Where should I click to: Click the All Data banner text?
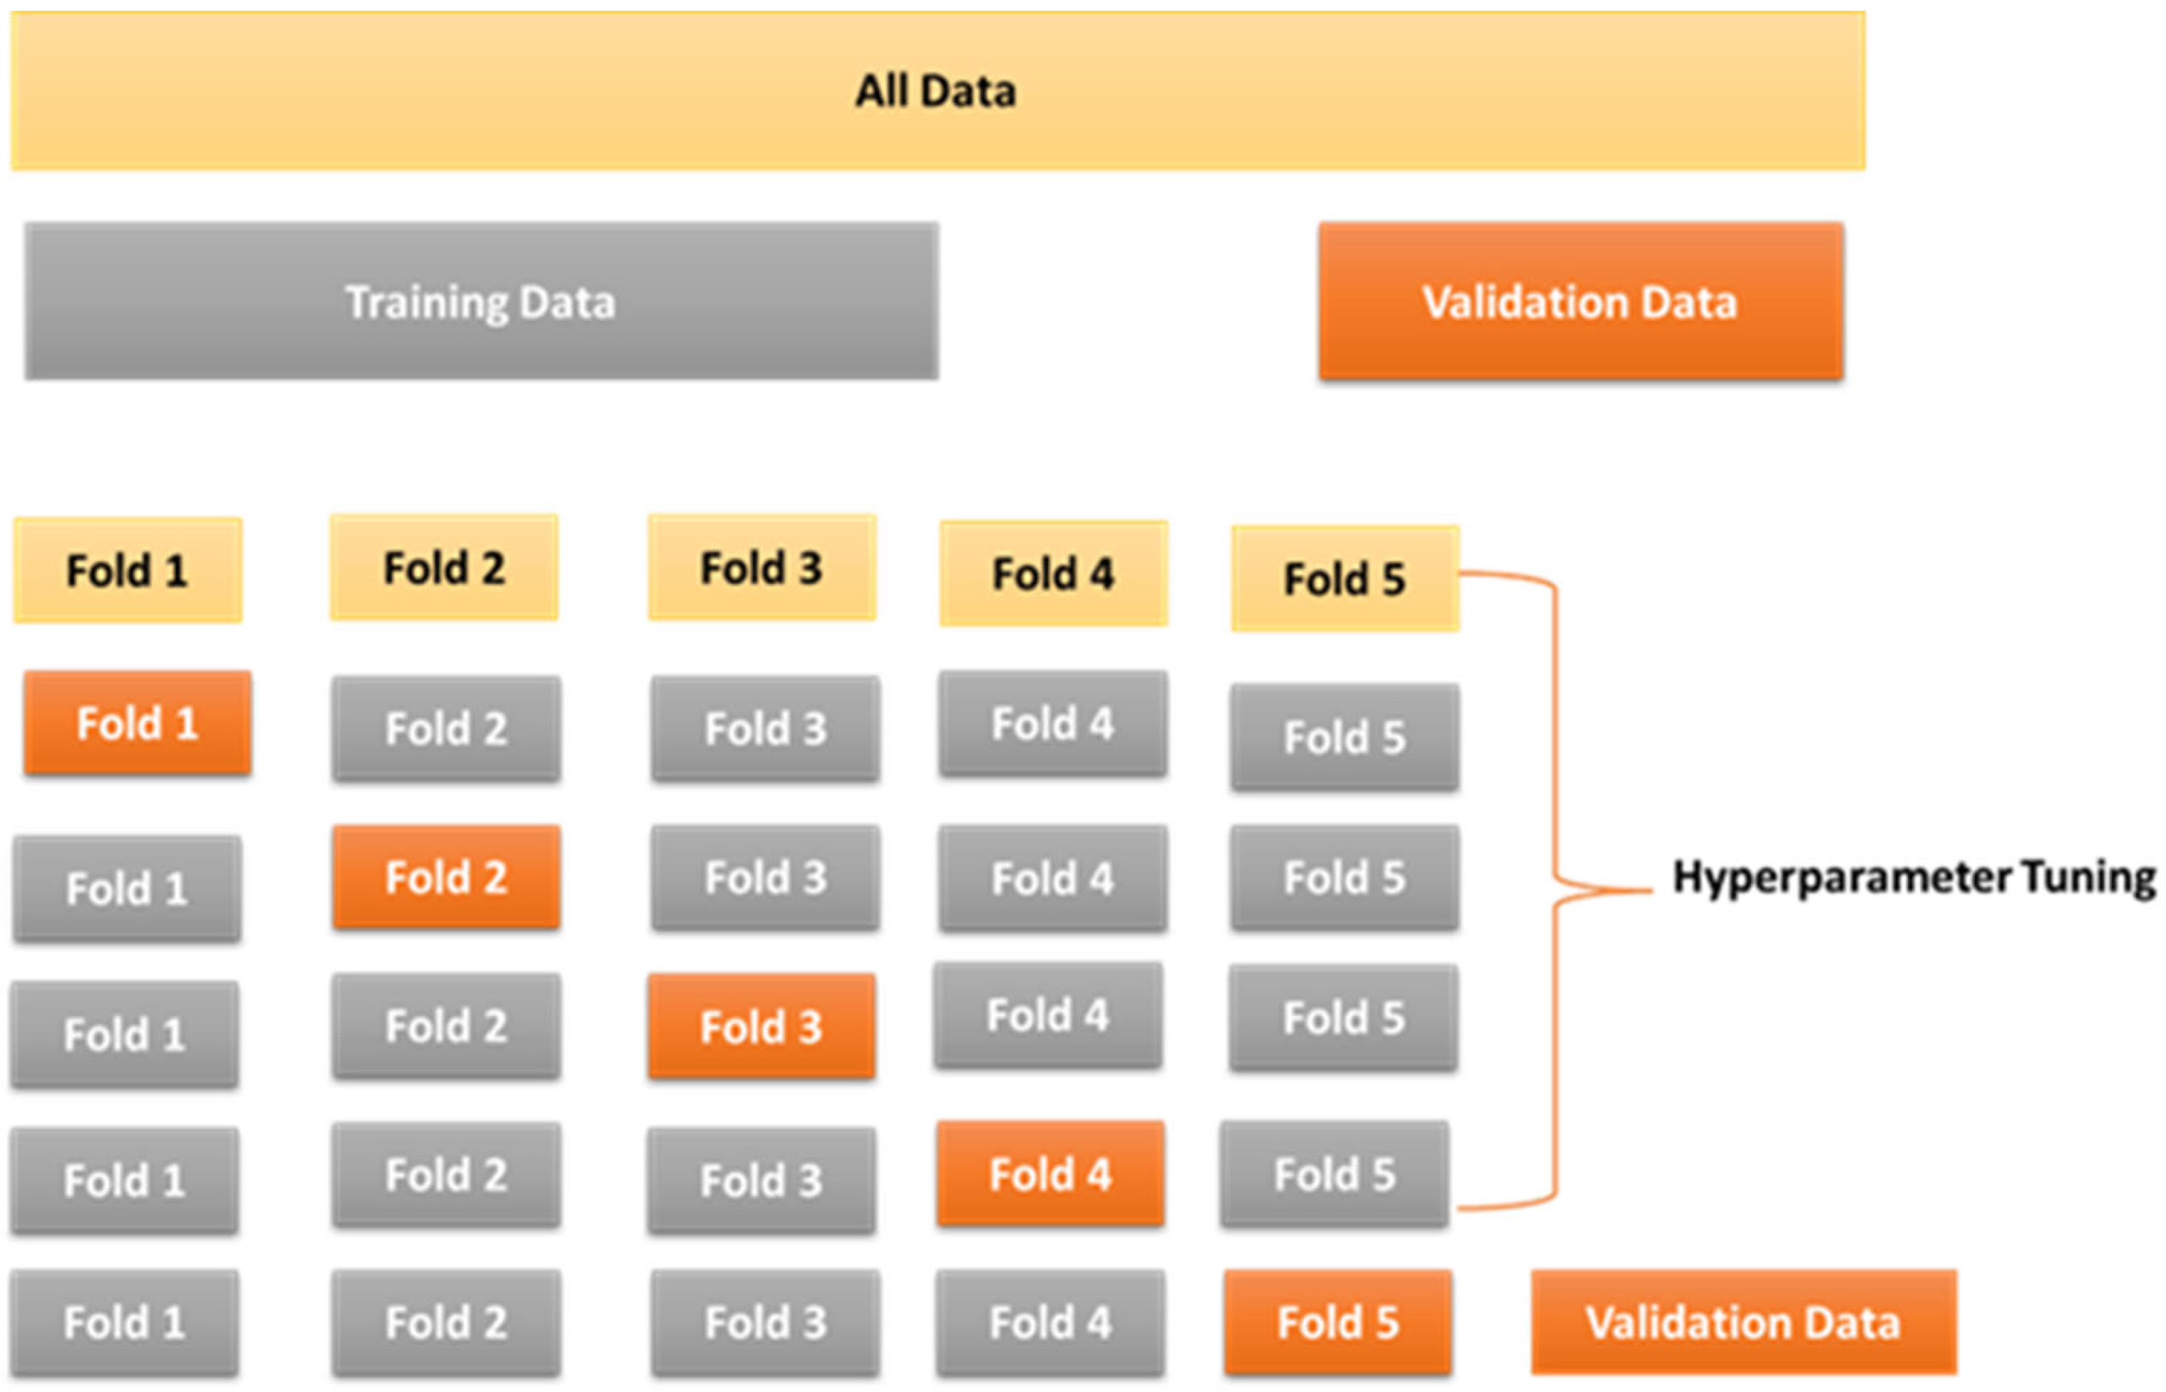point(935,91)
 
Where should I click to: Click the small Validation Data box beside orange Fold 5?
point(1742,1322)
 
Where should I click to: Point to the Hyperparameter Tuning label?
point(1913,878)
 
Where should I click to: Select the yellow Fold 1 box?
point(128,570)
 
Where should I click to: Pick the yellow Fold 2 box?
point(443,568)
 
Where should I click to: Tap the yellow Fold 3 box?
point(761,568)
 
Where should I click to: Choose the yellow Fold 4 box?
point(1053,573)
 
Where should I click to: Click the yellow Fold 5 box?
point(1345,578)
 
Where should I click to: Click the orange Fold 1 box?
point(138,723)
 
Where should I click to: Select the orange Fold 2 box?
point(446,877)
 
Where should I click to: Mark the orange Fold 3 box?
point(761,1027)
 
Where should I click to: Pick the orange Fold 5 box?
point(1338,1322)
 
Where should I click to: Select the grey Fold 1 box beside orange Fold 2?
point(126,889)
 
